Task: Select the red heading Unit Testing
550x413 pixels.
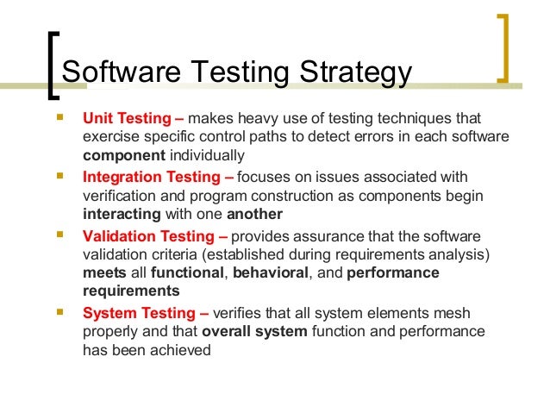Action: [x=126, y=118]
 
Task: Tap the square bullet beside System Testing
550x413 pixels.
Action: [x=59, y=311]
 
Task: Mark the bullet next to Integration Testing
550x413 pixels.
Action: [x=59, y=175]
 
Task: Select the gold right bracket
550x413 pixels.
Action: [x=503, y=47]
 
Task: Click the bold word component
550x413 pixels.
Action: [x=123, y=156]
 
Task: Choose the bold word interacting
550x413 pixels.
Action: [x=122, y=214]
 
